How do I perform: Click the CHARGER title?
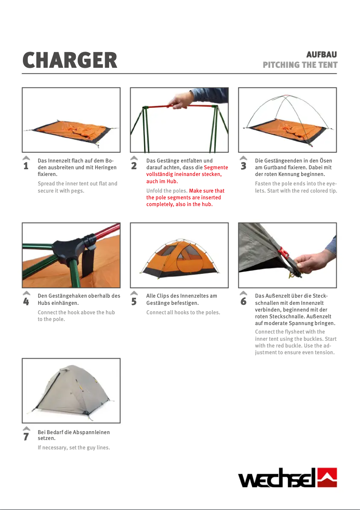(70, 60)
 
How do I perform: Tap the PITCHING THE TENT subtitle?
(300, 65)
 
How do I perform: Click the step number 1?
(26, 167)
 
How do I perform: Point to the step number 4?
(26, 302)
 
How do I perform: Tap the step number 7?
(26, 437)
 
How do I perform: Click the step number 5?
(134, 302)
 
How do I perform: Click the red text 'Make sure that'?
(206, 191)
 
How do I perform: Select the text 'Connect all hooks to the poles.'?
(183, 312)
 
